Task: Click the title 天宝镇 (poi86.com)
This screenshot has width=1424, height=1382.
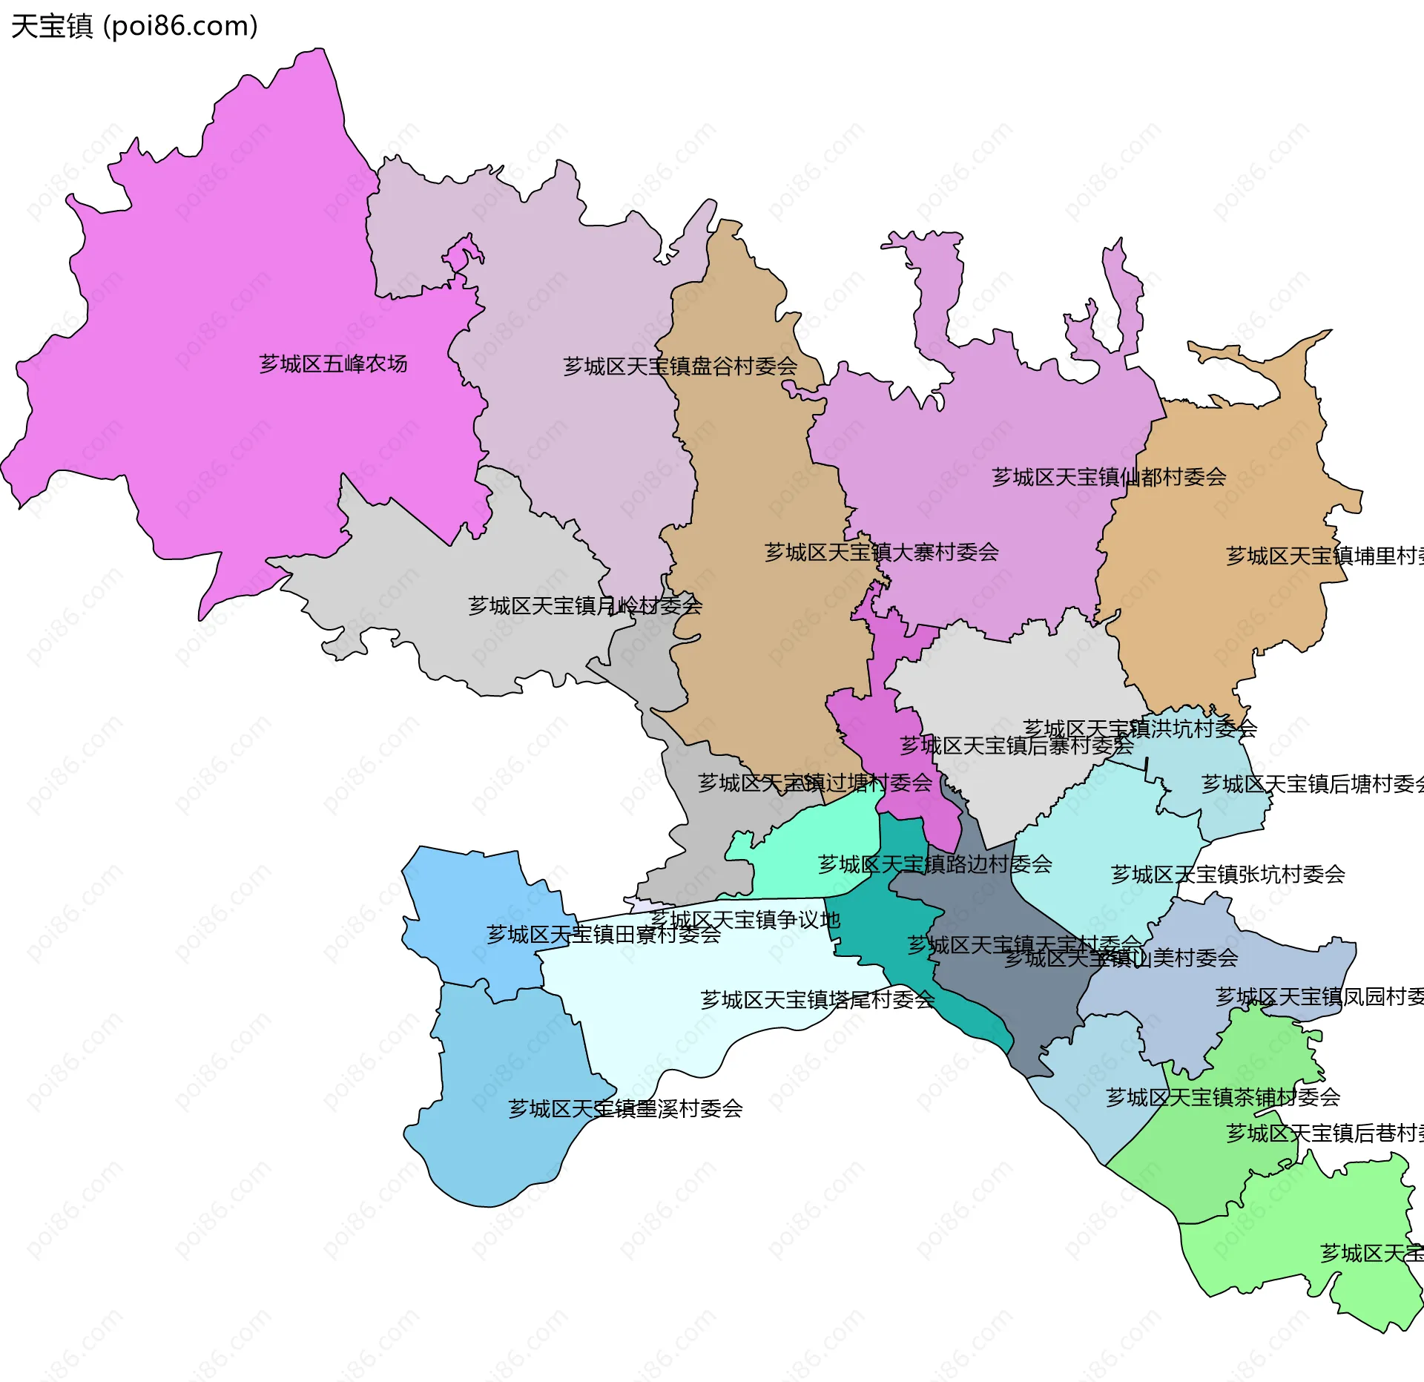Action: click(x=134, y=26)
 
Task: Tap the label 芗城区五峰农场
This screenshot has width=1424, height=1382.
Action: click(x=333, y=363)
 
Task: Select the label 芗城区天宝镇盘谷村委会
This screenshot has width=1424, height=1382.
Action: click(x=680, y=366)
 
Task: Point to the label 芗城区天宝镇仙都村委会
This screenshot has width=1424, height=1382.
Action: click(x=1109, y=477)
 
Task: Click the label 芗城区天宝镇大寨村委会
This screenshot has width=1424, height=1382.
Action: click(x=881, y=552)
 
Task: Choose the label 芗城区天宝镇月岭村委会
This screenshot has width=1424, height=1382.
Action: click(x=584, y=605)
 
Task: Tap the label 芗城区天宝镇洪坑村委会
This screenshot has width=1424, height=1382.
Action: click(x=1140, y=728)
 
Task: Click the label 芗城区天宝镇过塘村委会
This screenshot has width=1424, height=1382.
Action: click(x=814, y=783)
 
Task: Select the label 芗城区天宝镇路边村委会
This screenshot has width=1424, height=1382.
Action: click(x=934, y=863)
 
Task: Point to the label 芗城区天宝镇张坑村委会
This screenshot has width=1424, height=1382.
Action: click(x=1227, y=874)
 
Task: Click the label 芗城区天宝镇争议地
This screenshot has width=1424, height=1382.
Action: click(x=745, y=920)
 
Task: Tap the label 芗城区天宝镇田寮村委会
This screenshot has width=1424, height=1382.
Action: click(x=603, y=934)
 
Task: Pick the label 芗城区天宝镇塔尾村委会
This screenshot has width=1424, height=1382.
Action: click(x=817, y=999)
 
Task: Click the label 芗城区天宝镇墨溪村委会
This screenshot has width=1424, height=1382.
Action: click(x=625, y=1108)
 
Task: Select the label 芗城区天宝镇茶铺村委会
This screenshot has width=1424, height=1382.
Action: click(x=1222, y=1096)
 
